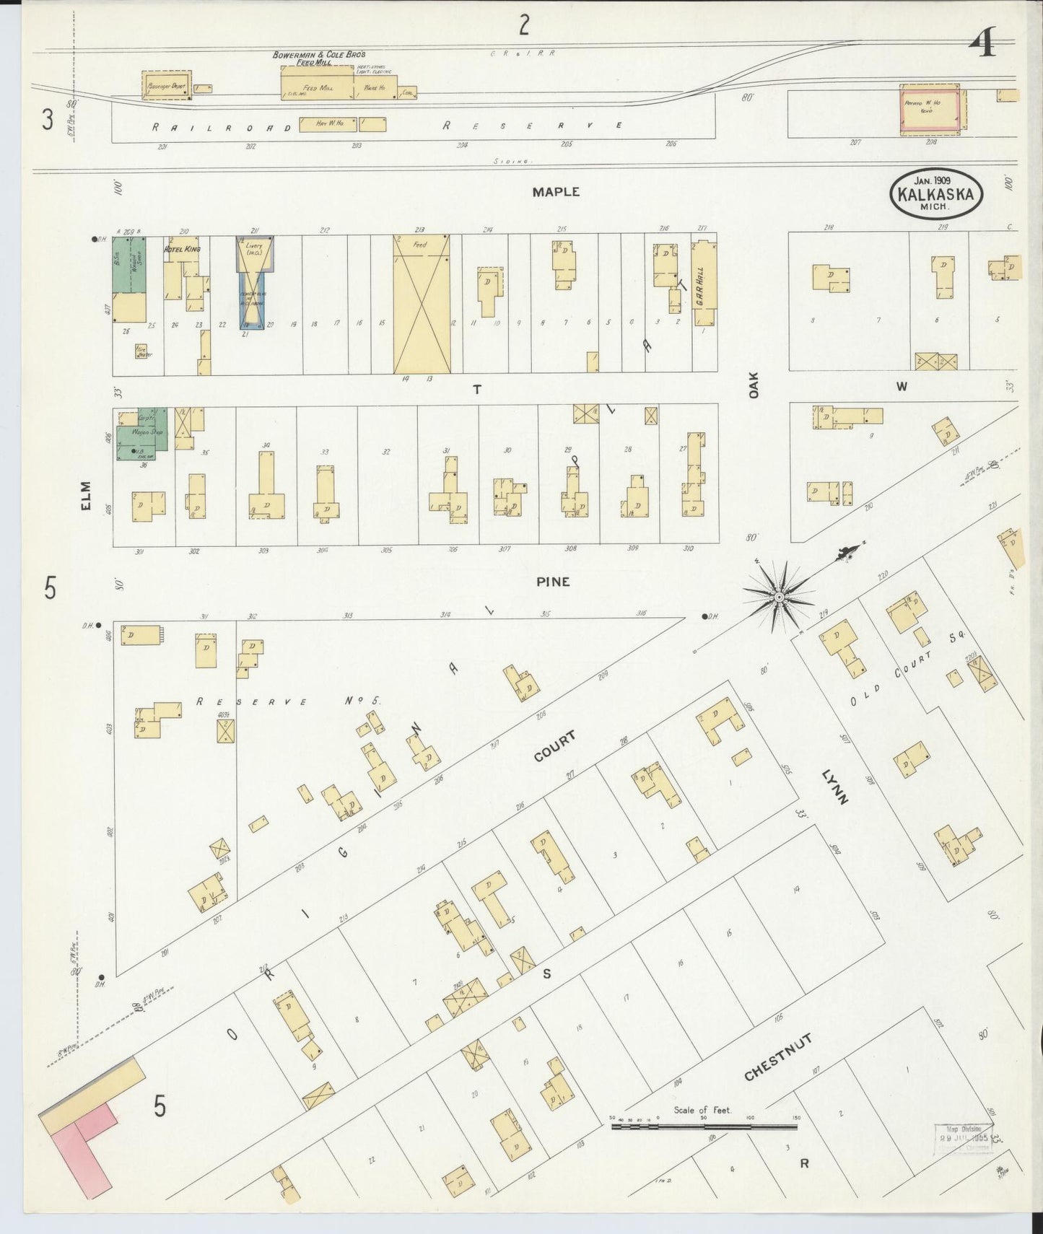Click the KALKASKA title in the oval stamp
tap(935, 194)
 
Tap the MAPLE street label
tap(556, 192)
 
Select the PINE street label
tap(553, 582)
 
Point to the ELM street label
tap(87, 496)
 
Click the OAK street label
tap(754, 385)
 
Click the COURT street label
tap(554, 747)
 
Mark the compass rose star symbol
tap(779, 598)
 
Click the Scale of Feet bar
tap(704, 1126)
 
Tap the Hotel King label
tap(182, 250)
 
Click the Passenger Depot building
tap(166, 85)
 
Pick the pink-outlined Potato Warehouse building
tap(930, 109)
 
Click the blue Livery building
tap(253, 283)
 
